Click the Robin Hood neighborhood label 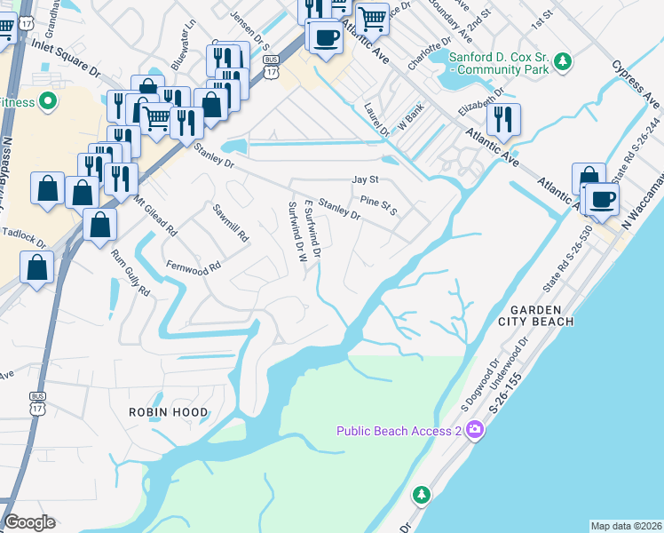click(x=169, y=412)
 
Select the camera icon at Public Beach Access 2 click(x=475, y=431)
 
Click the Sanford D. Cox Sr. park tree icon click(x=561, y=61)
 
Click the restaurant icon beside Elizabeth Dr click(x=502, y=118)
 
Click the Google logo click(x=29, y=522)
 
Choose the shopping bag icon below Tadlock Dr click(x=36, y=266)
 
